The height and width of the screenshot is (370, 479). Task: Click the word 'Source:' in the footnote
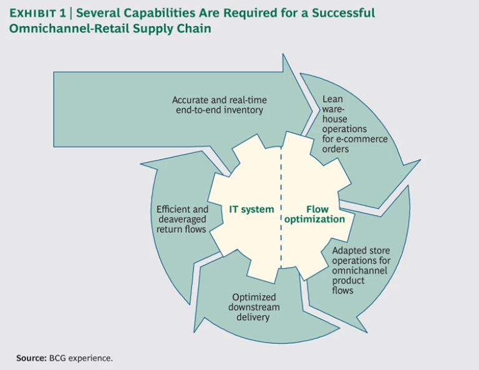pos(30,358)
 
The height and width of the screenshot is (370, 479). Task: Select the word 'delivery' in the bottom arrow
pos(252,317)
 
